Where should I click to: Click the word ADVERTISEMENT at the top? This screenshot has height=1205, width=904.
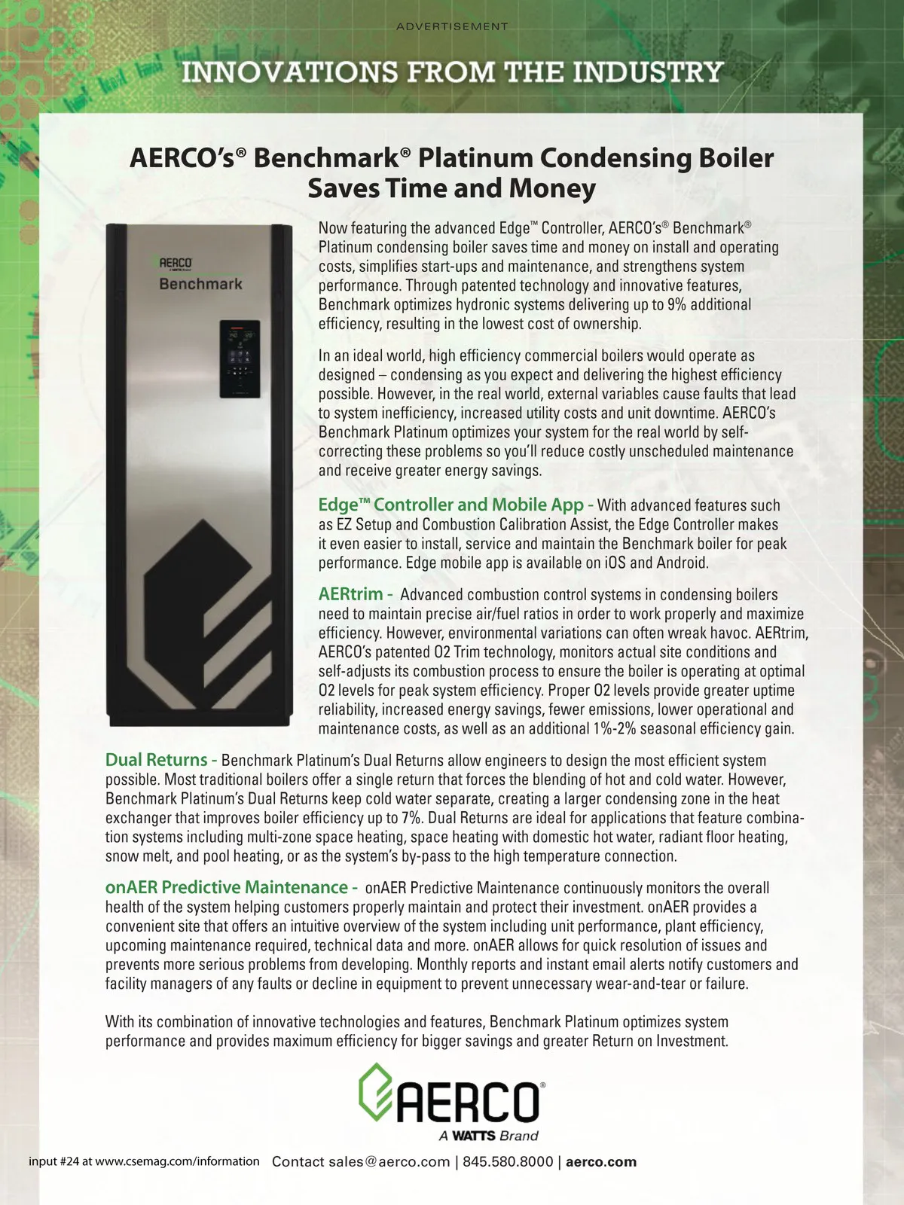452,26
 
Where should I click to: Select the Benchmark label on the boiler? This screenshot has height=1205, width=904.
200,284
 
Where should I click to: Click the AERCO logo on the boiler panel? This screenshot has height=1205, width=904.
175,264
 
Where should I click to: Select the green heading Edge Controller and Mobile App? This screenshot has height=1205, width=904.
450,505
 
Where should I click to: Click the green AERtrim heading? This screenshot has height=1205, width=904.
350,594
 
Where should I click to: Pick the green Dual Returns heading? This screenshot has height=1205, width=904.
156,760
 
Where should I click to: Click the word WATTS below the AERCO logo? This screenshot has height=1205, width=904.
473,1136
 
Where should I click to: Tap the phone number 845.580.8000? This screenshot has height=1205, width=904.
508,1161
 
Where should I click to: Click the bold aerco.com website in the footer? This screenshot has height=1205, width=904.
600,1161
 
